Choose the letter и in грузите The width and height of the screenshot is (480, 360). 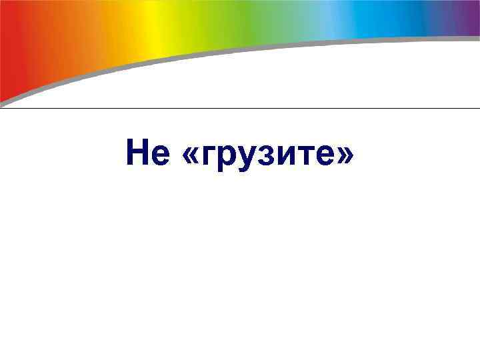coord(279,157)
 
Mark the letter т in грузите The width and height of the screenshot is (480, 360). coord(298,157)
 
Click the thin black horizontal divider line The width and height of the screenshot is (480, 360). coord(240,108)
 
